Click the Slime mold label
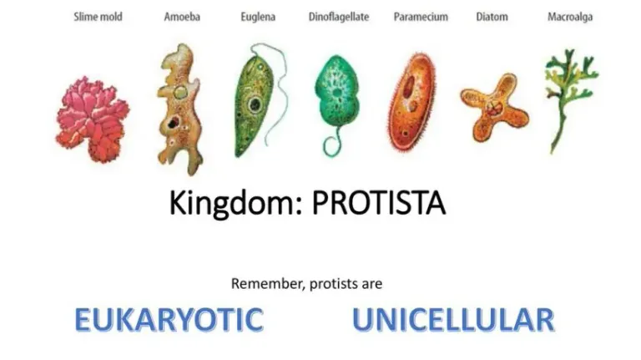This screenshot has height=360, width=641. point(98,18)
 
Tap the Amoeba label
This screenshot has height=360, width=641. point(182,18)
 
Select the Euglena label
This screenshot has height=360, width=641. point(258,18)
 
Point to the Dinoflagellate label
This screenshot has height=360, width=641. point(339,18)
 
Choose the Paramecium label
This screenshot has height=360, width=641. point(421,18)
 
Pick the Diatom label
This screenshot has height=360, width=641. point(492,18)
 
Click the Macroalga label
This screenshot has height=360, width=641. point(570,18)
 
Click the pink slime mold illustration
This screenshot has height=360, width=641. point(93,119)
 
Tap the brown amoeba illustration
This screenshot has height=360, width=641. point(180,110)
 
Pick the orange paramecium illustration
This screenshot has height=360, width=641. point(411,102)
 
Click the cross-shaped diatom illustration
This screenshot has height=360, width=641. point(494,108)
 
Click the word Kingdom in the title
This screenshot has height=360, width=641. point(235,203)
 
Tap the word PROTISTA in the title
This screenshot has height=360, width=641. point(379,203)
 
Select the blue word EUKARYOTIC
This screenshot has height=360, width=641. point(169,320)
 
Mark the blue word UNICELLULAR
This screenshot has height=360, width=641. point(453,320)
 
